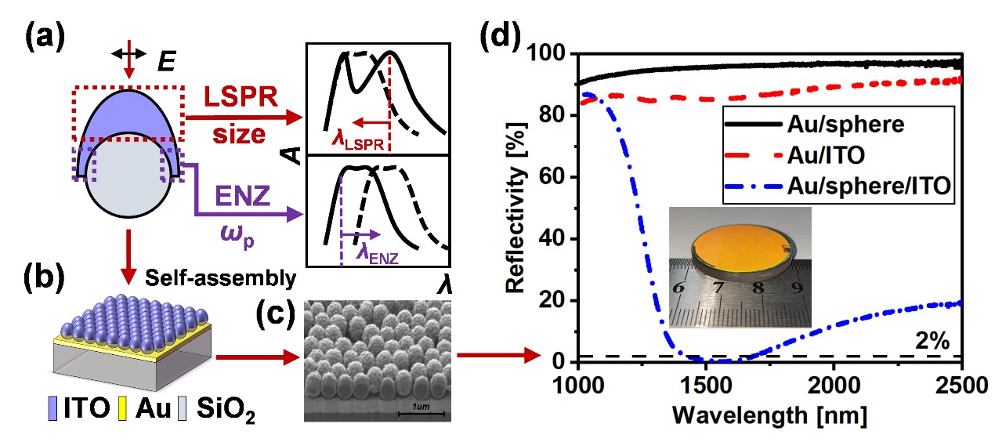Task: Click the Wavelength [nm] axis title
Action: tap(770, 414)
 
